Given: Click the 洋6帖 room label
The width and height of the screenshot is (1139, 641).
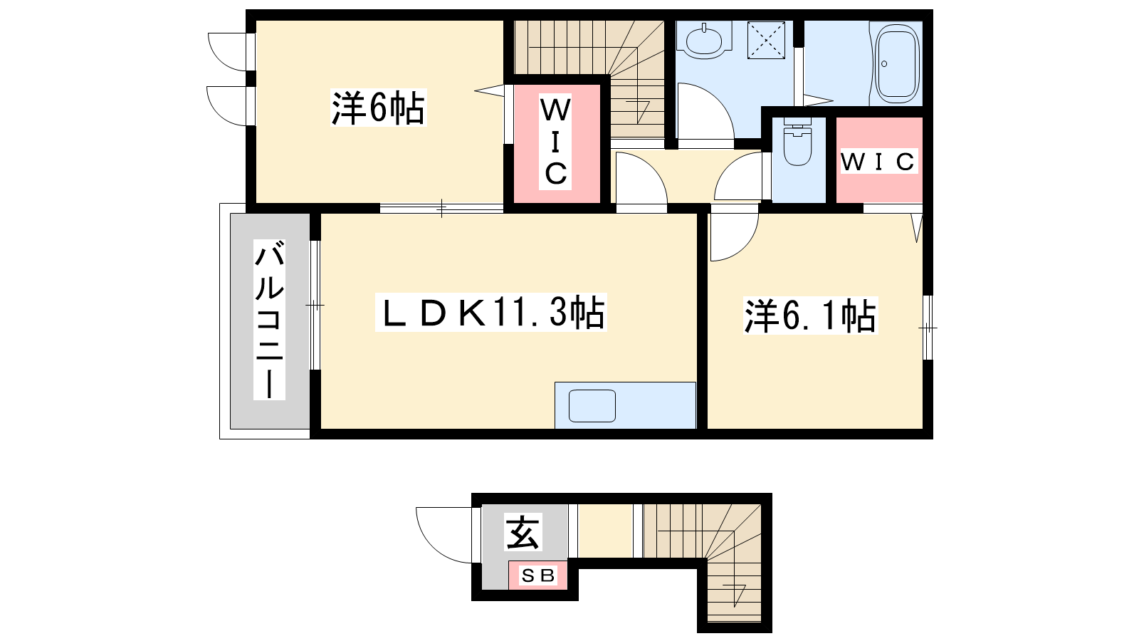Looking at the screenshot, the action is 378,108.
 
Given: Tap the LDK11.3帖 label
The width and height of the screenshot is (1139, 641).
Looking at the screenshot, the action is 490,312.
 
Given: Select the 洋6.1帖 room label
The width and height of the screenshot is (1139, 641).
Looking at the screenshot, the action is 811,316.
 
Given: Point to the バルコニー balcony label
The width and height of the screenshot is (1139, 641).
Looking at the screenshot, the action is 269,319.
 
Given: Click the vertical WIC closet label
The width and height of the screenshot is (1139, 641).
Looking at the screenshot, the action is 555,142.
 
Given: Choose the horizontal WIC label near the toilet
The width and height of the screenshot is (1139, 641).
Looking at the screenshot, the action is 878,161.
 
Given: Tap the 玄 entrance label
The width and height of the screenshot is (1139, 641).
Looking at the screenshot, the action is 523,531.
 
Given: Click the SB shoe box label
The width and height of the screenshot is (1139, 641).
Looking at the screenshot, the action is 538,576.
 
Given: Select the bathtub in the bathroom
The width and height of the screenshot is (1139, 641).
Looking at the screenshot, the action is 897,61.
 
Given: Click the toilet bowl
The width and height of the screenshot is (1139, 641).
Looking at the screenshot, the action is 797,145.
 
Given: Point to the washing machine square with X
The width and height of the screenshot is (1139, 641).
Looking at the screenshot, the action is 766,40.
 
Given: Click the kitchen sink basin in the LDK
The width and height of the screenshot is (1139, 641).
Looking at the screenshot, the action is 592,406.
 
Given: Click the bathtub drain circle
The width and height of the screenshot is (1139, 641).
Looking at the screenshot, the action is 884,64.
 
